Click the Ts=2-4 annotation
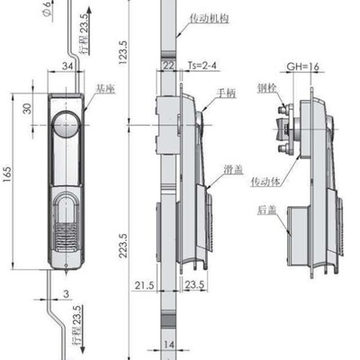[x=206, y=64]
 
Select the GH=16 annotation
[x=301, y=66]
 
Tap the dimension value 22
[x=168, y=64]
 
